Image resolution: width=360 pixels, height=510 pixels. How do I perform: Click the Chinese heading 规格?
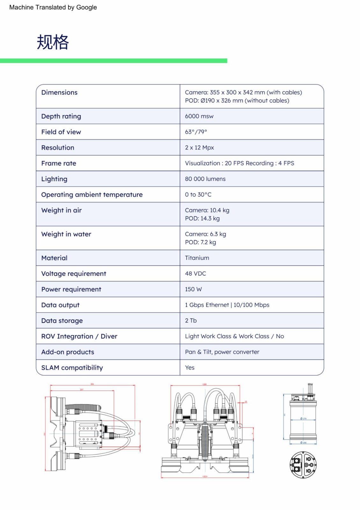(x=53, y=42)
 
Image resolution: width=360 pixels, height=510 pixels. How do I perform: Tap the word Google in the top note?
(x=86, y=7)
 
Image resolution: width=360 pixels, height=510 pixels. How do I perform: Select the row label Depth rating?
(x=61, y=116)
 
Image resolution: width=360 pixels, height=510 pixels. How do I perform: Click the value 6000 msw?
(x=199, y=116)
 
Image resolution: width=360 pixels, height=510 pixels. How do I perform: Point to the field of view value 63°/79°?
(x=196, y=132)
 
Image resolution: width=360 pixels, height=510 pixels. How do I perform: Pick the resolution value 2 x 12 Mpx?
(x=199, y=148)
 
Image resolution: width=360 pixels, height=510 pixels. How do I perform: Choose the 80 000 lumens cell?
(x=205, y=179)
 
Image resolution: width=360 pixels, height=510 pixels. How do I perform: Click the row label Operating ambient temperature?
(x=92, y=195)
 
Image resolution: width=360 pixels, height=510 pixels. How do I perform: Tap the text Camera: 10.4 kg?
(x=207, y=210)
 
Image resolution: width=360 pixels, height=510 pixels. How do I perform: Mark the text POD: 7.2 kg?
(x=200, y=242)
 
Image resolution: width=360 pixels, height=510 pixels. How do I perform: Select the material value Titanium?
(x=197, y=258)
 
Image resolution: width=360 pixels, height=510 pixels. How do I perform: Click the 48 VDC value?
(x=195, y=273)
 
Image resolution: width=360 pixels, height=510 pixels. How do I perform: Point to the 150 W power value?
(x=193, y=289)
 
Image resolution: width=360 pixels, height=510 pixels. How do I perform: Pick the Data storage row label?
(x=62, y=321)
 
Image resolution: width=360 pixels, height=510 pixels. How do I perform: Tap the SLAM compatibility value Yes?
(x=190, y=368)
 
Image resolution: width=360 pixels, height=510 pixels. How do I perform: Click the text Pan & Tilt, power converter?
(x=222, y=352)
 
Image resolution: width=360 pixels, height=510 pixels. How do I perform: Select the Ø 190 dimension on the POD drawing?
(x=303, y=443)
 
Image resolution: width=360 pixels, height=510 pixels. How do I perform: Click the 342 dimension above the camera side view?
(x=92, y=384)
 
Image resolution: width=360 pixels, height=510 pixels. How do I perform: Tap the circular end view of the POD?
(x=303, y=464)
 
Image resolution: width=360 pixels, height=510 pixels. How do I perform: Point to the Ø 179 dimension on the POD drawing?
(x=303, y=419)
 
